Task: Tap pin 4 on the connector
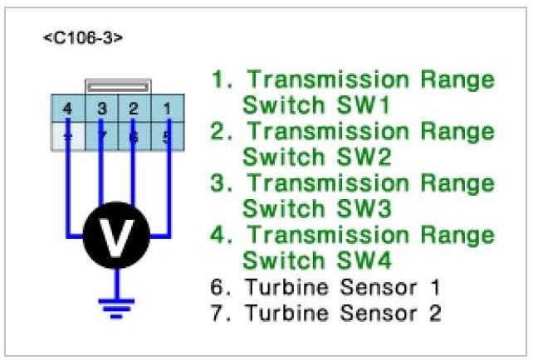click(66, 108)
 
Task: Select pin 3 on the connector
click(100, 108)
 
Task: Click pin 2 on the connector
click(134, 108)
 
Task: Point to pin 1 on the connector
click(167, 108)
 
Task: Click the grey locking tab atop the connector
click(117, 85)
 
